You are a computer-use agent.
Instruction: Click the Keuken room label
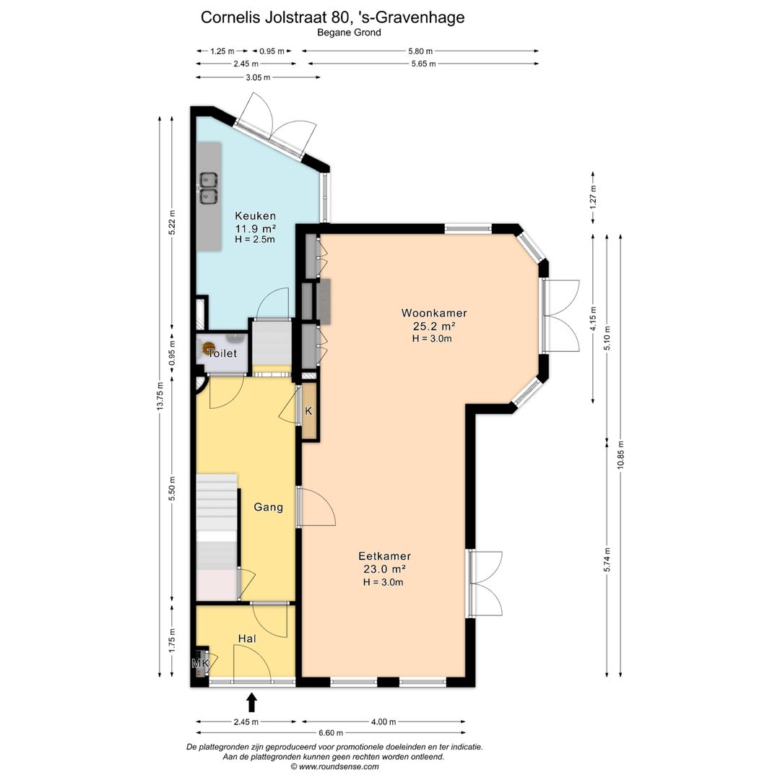pos(255,216)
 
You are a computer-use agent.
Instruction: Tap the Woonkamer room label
pos(434,313)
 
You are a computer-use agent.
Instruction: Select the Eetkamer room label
pos(384,556)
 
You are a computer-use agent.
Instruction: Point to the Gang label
pos(268,507)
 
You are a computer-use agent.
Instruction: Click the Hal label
pos(247,638)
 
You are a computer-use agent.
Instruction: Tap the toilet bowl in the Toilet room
pos(209,348)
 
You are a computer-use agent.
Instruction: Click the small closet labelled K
pos(309,411)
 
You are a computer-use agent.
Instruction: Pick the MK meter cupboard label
pos(201,663)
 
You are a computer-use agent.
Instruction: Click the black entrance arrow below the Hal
pos(252,703)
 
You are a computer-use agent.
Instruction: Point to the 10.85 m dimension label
pos(620,455)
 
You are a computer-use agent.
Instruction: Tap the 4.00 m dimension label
pos(383,721)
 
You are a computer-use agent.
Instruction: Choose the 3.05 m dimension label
pos(258,77)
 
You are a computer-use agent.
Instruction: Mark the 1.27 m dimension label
pos(593,196)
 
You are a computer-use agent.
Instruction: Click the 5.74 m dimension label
pos(607,560)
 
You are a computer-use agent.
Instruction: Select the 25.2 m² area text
pos(434,326)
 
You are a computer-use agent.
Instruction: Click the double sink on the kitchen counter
pos(209,188)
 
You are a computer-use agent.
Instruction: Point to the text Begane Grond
pos(350,32)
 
